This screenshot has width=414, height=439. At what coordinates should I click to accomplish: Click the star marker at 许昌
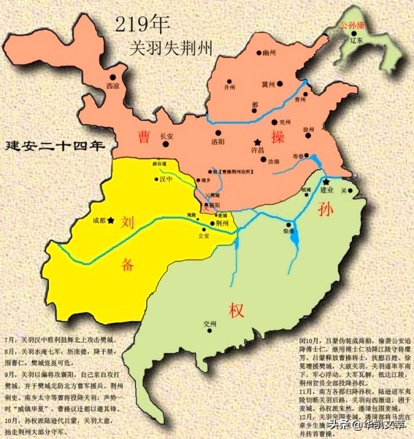(257, 137)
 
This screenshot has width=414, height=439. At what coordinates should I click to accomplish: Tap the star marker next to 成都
(110, 221)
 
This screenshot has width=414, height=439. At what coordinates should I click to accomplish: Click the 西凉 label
(112, 87)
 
